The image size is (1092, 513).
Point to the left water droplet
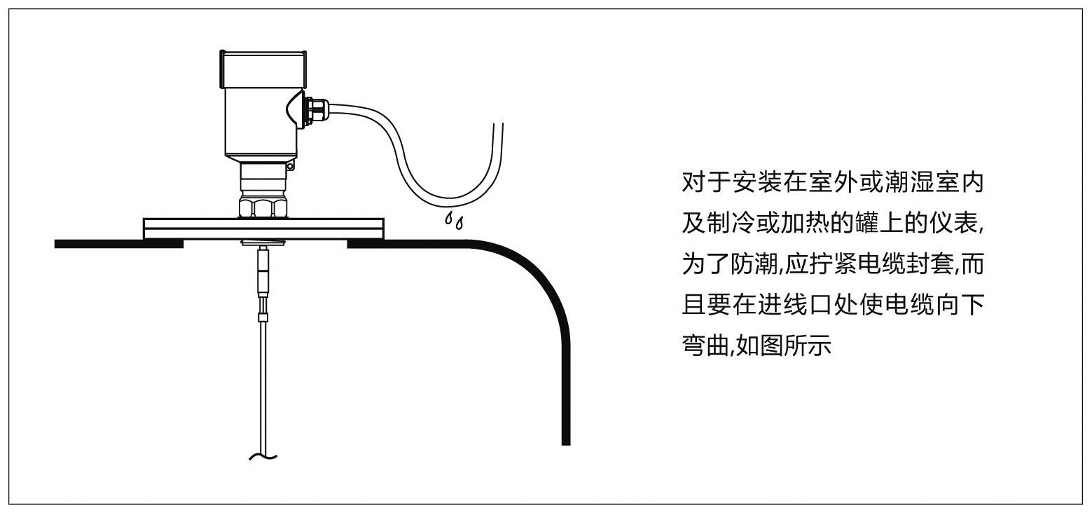[448, 219]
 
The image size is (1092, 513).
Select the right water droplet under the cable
[459, 225]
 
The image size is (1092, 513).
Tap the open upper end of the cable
[498, 127]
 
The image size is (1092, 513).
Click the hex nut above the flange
[263, 207]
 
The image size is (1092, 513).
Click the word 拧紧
[831, 266]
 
